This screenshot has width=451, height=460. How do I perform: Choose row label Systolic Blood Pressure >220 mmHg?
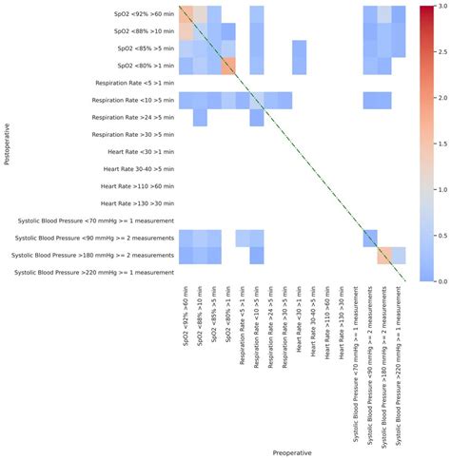click(x=94, y=273)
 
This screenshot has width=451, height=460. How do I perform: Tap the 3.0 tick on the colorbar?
click(x=440, y=7)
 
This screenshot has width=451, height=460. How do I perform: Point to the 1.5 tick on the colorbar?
click(x=440, y=144)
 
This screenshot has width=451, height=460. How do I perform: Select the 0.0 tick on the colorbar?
click(x=440, y=281)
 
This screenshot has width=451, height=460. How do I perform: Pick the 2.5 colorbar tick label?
click(x=440, y=52)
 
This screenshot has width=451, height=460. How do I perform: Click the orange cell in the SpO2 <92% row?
click(x=186, y=14)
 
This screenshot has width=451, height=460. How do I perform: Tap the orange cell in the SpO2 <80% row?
click(x=228, y=66)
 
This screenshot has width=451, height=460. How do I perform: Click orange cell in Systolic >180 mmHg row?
click(x=384, y=255)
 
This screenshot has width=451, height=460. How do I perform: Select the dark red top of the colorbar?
click(x=426, y=10)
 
